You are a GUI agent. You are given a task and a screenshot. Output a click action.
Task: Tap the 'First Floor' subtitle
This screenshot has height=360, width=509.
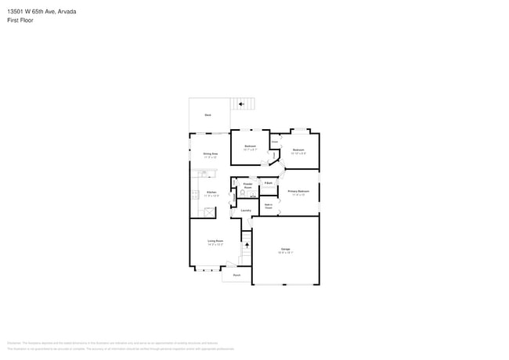[x=20, y=20]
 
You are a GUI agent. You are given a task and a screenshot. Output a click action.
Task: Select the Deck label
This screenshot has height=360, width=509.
[x=208, y=115]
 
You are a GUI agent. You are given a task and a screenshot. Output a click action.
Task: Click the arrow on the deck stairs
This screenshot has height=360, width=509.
[x=242, y=103]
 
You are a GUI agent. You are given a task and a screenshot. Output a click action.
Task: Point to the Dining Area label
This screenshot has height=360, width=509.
[x=210, y=154]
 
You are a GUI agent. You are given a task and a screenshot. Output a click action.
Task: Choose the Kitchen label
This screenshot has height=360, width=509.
[x=211, y=192]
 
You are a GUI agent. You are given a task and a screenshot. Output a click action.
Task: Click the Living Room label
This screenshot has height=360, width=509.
[x=215, y=240]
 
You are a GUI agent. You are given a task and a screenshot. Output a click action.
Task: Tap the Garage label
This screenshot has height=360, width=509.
[x=285, y=249]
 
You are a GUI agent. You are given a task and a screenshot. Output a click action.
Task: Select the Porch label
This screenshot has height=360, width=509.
[x=236, y=275]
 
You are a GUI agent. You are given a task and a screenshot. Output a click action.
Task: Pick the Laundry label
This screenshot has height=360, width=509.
[x=245, y=211]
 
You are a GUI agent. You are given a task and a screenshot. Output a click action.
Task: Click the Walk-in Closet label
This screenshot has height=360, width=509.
[x=268, y=207]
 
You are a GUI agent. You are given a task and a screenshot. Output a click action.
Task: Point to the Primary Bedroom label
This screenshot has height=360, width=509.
[x=298, y=191]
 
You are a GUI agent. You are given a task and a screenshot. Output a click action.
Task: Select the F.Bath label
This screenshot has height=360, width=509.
[x=268, y=182]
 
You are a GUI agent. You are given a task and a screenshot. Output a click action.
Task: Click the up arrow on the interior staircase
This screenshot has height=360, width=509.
[x=247, y=247]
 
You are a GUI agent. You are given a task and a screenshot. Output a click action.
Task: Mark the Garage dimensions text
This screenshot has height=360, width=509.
[x=285, y=253]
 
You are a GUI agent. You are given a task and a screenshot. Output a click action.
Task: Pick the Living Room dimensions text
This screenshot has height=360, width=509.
[x=215, y=244]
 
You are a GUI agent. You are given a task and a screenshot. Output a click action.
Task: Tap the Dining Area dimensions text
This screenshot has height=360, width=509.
[x=210, y=157]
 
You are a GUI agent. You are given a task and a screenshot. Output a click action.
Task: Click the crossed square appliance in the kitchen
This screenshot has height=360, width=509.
[x=208, y=211]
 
